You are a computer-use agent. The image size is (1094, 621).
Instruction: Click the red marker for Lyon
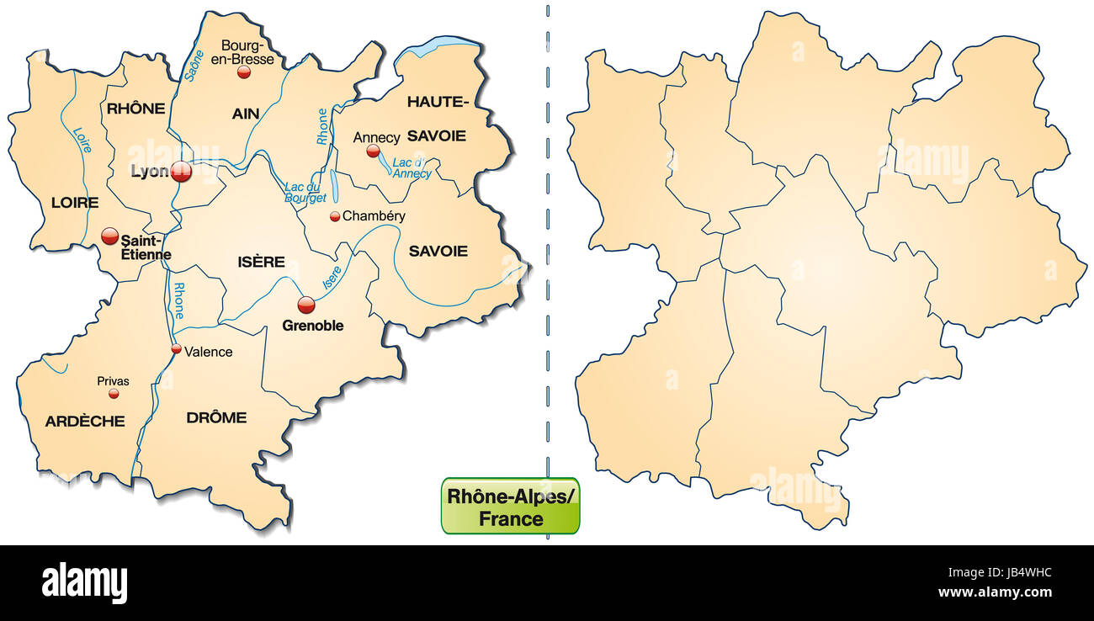click(x=181, y=172)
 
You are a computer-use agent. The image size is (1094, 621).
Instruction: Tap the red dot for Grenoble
click(x=306, y=305)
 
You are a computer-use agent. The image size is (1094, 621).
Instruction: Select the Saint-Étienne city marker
click(x=110, y=236)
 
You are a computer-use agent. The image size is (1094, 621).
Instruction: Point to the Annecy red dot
click(x=373, y=151)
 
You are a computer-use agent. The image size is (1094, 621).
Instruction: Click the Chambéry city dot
click(x=335, y=216)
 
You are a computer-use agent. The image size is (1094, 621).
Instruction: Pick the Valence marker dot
click(x=176, y=349)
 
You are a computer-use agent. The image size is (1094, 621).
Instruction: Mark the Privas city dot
click(x=114, y=394)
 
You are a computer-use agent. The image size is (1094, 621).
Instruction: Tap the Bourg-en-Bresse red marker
click(x=244, y=72)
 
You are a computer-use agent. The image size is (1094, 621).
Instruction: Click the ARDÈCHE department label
click(x=85, y=421)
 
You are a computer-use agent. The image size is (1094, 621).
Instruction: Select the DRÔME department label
click(x=216, y=417)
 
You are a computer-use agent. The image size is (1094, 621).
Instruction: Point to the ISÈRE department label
click(x=262, y=262)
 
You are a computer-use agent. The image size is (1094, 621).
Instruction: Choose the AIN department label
click(x=246, y=114)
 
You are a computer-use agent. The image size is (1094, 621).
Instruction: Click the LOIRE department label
click(x=75, y=203)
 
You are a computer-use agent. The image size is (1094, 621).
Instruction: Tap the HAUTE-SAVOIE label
click(x=437, y=119)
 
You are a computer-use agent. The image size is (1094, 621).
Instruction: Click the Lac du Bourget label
click(x=305, y=193)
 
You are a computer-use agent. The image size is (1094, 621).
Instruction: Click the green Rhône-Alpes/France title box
click(x=510, y=507)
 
